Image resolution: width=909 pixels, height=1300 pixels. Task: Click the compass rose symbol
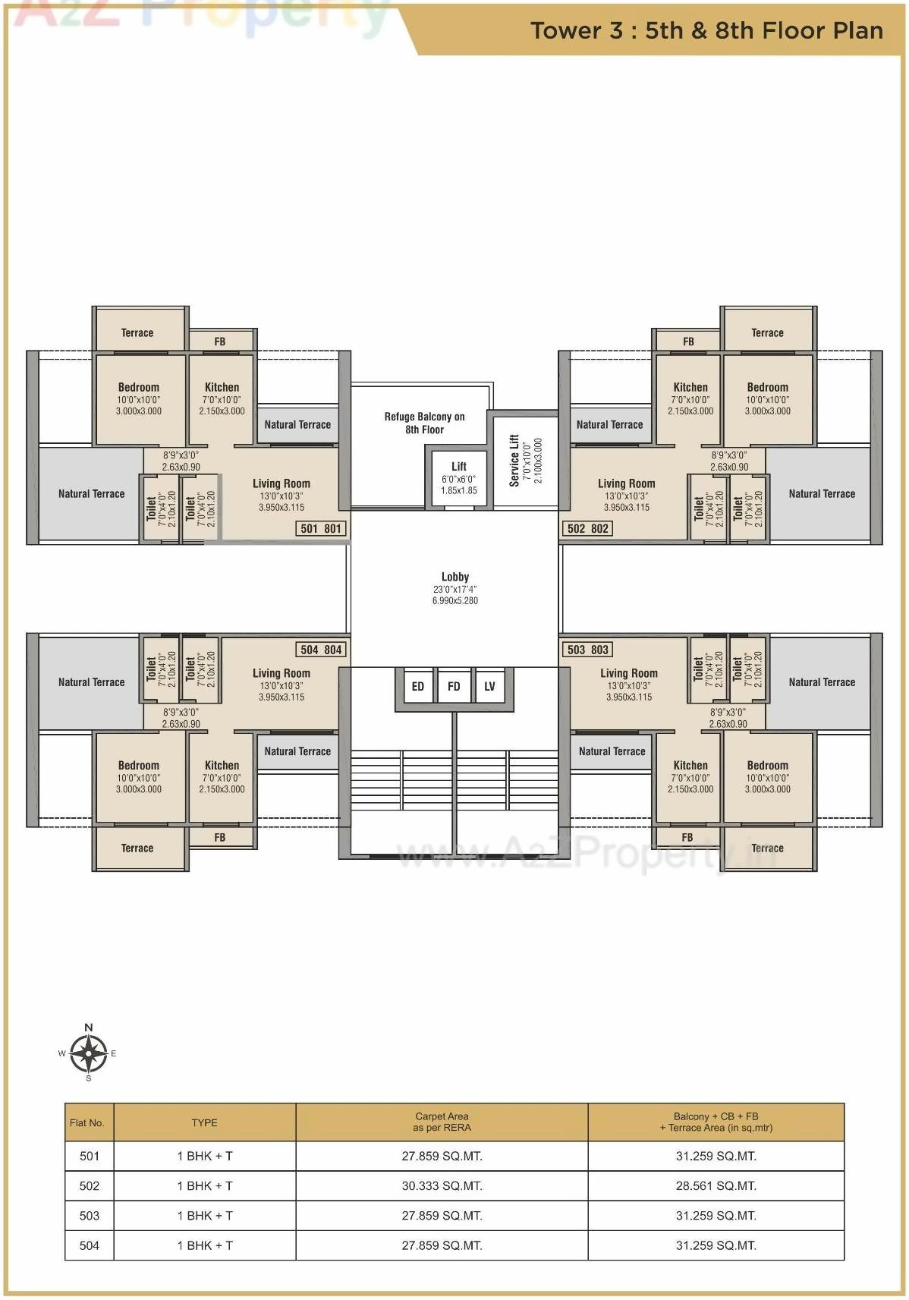click(x=89, y=1053)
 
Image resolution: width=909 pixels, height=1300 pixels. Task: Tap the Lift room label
click(x=459, y=467)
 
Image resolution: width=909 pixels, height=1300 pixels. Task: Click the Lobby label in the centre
click(x=455, y=577)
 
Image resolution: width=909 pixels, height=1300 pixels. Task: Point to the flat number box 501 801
click(x=321, y=528)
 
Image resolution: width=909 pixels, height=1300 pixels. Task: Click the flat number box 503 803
click(x=587, y=650)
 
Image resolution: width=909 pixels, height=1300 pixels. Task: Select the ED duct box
click(x=417, y=686)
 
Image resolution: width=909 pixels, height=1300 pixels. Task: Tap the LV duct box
click(x=489, y=686)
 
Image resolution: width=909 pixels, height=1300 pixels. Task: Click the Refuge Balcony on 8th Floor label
click(x=424, y=423)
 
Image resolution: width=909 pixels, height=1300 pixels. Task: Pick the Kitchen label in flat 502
click(x=690, y=387)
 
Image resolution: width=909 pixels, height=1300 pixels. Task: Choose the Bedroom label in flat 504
click(x=139, y=765)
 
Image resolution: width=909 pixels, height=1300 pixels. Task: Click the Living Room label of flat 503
click(x=629, y=673)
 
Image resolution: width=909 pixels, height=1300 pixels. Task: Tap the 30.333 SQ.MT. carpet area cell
click(x=442, y=1185)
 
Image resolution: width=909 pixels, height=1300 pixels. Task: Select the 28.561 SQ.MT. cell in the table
click(x=716, y=1185)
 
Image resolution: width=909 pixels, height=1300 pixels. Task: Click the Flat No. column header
click(x=87, y=1122)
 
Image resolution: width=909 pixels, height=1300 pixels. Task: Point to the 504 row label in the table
click(x=90, y=1245)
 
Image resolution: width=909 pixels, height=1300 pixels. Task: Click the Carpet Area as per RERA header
click(x=442, y=1122)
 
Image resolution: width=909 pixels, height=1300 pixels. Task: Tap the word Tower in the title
click(x=565, y=31)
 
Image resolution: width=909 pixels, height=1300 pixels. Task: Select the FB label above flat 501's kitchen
click(x=220, y=342)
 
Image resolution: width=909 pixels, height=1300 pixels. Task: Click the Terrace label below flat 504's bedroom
click(x=137, y=848)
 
